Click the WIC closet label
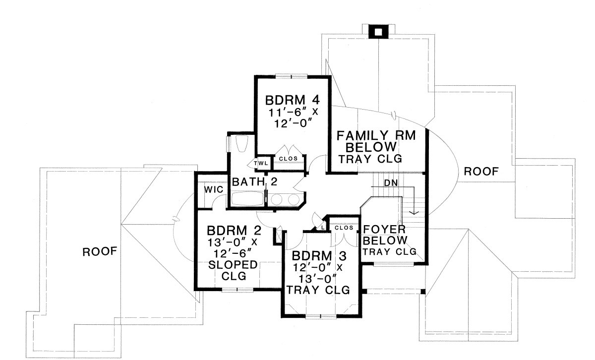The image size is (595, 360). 208,190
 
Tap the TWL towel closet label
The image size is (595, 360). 261,163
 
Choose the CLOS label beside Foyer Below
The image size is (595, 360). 344,228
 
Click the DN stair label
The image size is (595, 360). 391,182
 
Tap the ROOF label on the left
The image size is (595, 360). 99,251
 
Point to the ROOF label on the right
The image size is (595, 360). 481,172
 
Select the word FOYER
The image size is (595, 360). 385,230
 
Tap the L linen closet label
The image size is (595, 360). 323,227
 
